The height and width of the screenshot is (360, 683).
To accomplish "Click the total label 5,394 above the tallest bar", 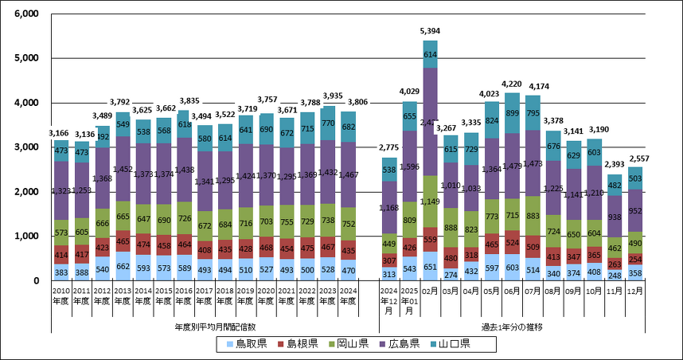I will [x=430, y=31].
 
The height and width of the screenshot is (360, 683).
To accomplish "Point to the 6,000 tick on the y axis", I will [x=27, y=14].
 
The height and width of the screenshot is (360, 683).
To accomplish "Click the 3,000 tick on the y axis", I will [x=27, y=147].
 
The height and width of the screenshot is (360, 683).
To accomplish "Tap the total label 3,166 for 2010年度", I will [x=60, y=133].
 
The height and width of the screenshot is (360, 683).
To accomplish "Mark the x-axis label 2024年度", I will [x=348, y=296].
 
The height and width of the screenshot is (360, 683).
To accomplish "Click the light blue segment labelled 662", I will [x=123, y=268].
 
